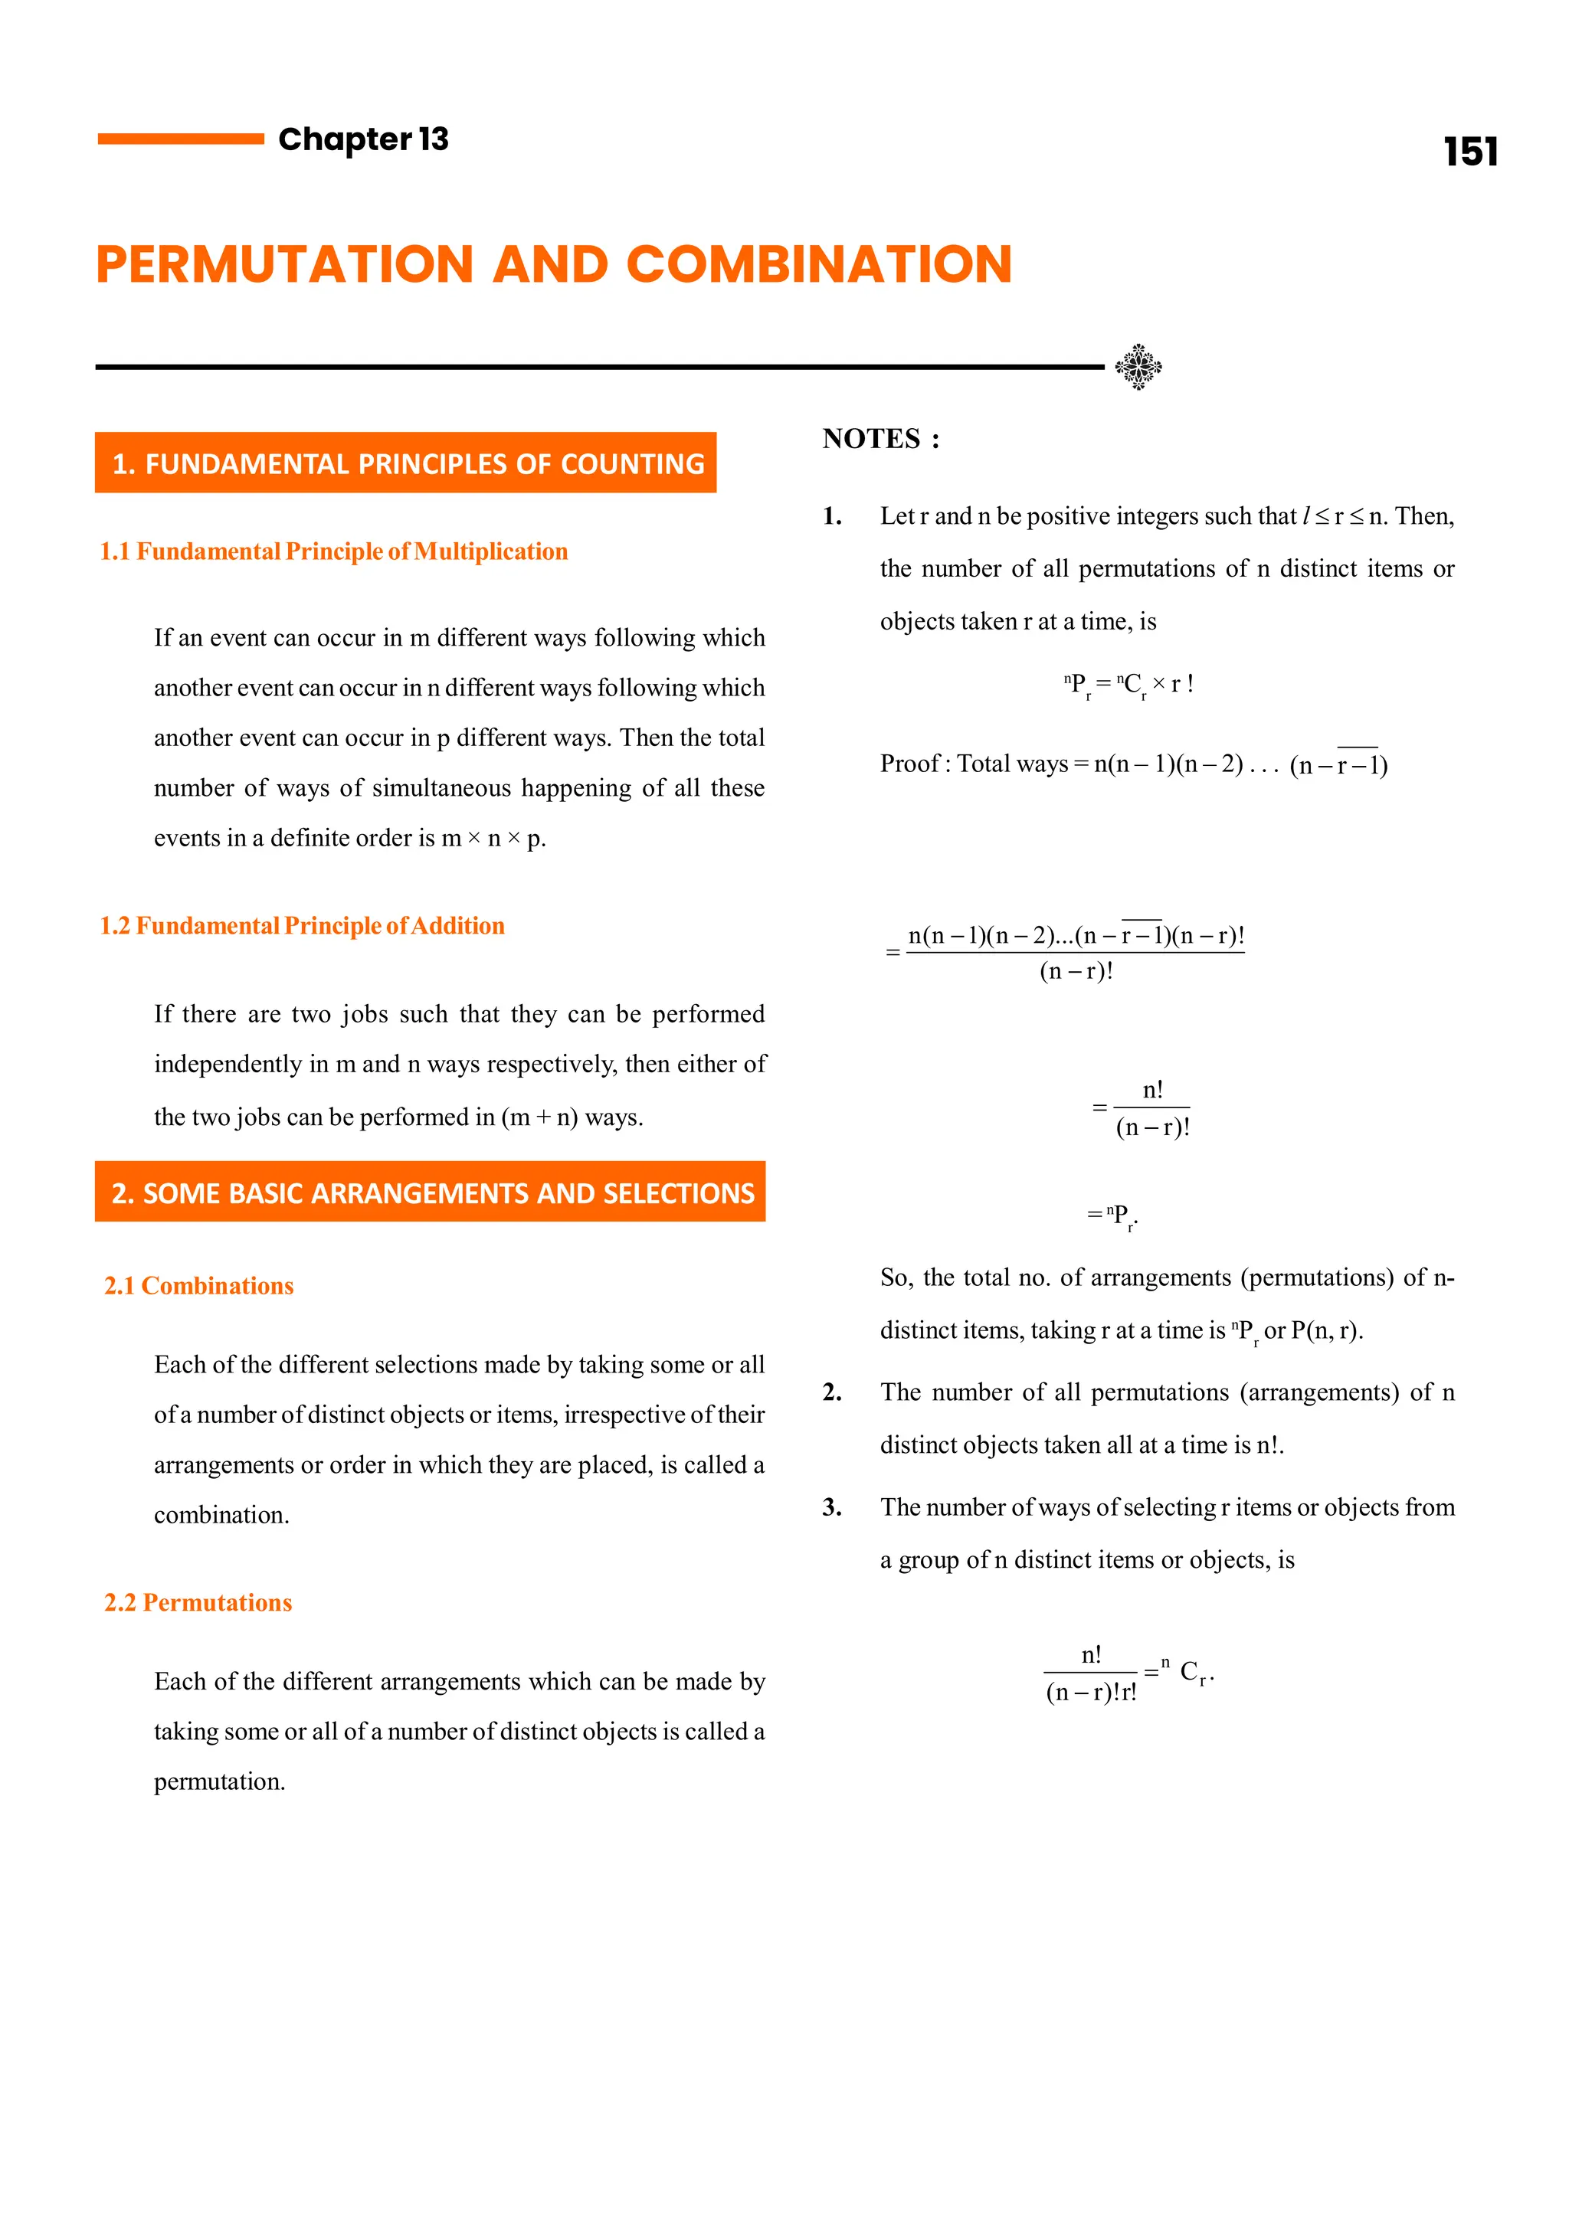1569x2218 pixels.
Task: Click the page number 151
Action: coord(1469,152)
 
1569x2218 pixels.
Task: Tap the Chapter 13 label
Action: coord(363,139)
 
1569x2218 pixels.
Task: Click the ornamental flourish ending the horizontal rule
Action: coord(1138,367)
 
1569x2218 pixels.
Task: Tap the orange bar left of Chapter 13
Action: coord(181,139)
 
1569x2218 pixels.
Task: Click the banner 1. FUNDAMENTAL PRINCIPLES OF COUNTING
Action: coord(406,463)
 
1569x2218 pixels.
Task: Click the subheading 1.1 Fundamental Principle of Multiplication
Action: coord(333,551)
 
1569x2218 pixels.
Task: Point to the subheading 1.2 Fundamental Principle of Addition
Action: coord(301,925)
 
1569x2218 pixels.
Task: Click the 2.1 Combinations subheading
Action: coord(199,1286)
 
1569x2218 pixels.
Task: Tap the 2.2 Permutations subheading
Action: coord(198,1603)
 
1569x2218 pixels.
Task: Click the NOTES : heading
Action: coord(880,440)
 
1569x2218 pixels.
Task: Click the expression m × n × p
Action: coord(493,839)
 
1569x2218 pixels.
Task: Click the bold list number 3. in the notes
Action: coord(832,1508)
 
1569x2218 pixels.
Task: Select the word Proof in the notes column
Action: coord(909,764)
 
